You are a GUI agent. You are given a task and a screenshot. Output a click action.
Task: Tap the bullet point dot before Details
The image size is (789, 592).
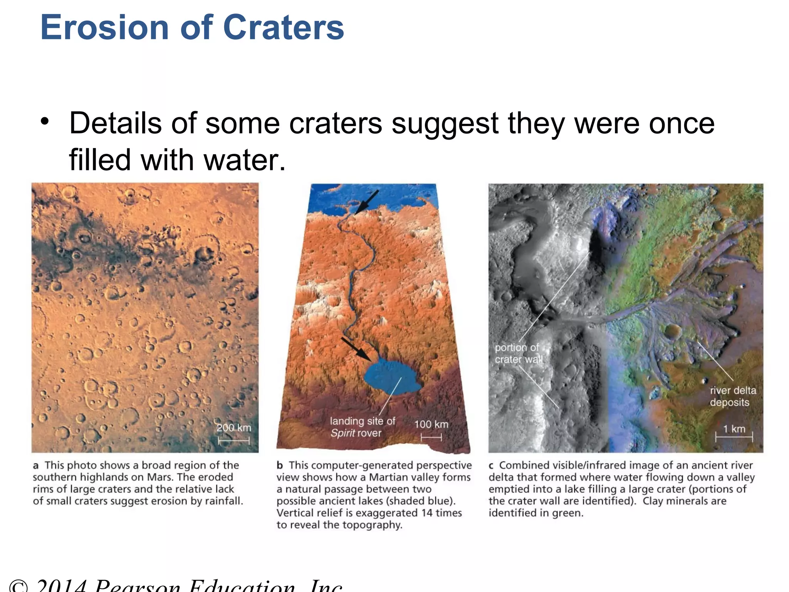click(x=45, y=121)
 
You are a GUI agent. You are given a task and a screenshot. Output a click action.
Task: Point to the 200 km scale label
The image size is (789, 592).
click(x=233, y=428)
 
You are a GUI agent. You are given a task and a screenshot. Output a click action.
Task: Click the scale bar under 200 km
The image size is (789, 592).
click(x=233, y=441)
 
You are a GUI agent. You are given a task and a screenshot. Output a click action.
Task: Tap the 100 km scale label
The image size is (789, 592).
click(x=431, y=424)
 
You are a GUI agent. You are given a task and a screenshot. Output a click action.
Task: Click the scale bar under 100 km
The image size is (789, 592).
click(x=431, y=437)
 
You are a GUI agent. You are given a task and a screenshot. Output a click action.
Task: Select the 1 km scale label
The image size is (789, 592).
click(x=734, y=429)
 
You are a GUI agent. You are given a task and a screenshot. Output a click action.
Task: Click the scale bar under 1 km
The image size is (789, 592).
click(x=734, y=437)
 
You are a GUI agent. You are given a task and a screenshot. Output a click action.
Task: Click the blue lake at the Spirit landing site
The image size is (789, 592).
click(x=391, y=378)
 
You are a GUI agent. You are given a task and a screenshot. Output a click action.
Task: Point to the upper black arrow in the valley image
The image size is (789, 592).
click(x=367, y=202)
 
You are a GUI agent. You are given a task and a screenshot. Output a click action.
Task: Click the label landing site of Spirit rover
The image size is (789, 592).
click(x=362, y=427)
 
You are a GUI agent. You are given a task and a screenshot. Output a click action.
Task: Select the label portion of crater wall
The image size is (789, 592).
click(x=518, y=353)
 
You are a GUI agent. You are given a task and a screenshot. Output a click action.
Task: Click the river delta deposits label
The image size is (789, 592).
click(x=732, y=396)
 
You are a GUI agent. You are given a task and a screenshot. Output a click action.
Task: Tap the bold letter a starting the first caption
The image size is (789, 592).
click(x=36, y=466)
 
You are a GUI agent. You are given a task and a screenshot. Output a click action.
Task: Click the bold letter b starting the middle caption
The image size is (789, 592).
click(x=280, y=465)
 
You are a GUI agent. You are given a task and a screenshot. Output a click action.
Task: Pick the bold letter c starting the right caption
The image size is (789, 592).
click(x=491, y=466)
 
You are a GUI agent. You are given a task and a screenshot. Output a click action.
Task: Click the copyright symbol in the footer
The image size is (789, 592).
click(x=18, y=586)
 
